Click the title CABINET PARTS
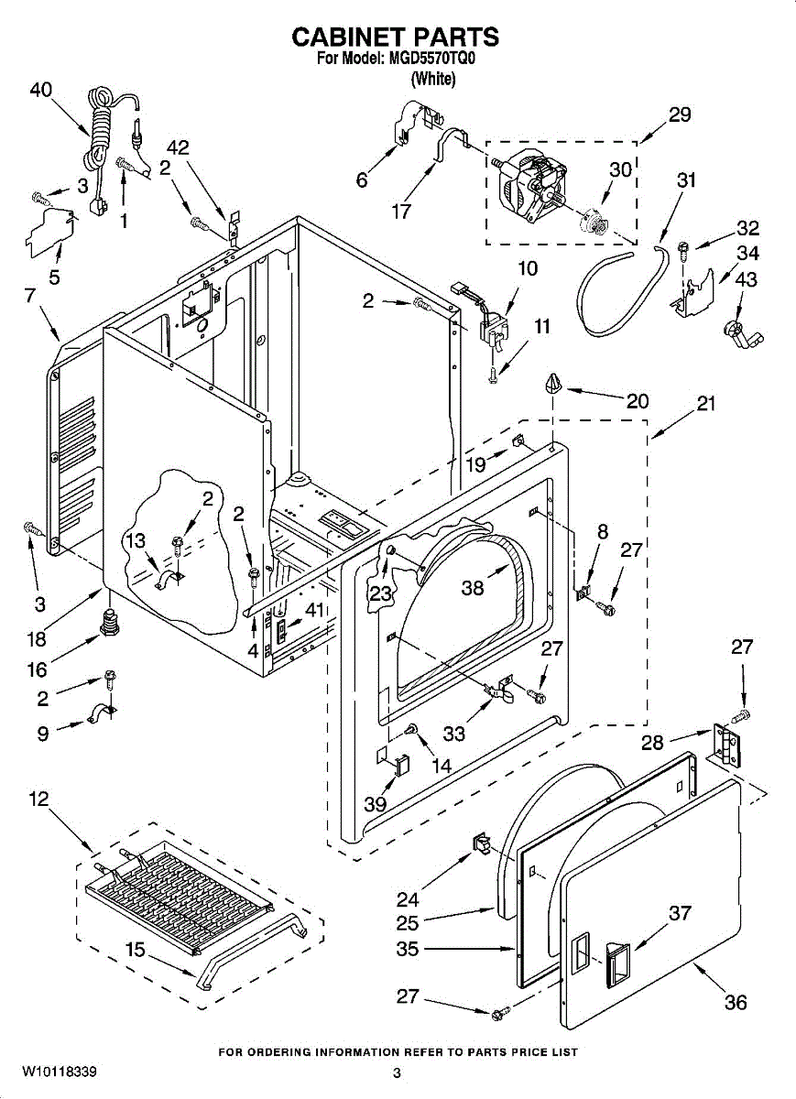tap(396, 37)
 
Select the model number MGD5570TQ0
tap(432, 59)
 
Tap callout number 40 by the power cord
tap(40, 90)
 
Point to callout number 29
tap(679, 115)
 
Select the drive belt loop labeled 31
tap(623, 293)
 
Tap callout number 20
tap(638, 400)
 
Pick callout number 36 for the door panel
tap(736, 1002)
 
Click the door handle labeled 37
tap(616, 962)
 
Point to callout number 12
tap(38, 799)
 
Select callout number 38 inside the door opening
tap(472, 588)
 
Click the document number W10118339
tap(60, 1072)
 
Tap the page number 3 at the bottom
tap(397, 1073)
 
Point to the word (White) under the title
tap(432, 79)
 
